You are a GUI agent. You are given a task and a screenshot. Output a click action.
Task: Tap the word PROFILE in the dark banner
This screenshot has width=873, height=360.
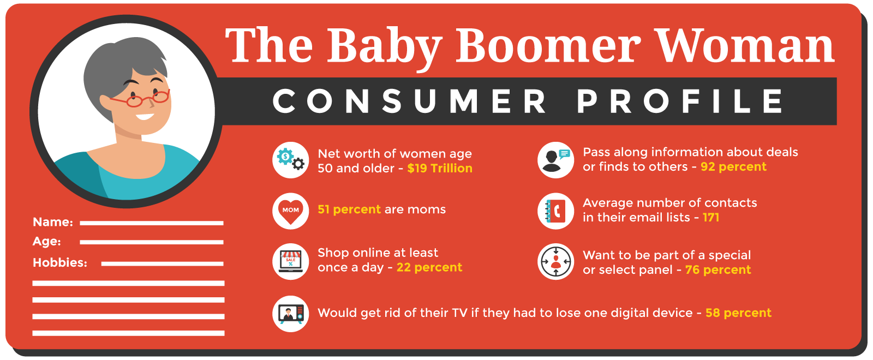pyautogui.click(x=680, y=101)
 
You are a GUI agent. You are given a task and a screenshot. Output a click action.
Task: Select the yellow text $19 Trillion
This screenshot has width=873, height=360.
pyautogui.click(x=440, y=169)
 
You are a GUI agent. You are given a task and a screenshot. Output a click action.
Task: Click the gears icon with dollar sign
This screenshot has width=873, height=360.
pyautogui.click(x=290, y=160)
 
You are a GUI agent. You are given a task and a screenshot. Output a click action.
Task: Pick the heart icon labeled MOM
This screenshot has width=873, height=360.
pyautogui.click(x=290, y=211)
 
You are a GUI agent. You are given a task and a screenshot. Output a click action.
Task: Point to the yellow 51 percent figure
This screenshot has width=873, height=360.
pyautogui.click(x=349, y=209)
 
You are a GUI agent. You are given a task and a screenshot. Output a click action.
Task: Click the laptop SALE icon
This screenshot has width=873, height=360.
pyautogui.click(x=290, y=261)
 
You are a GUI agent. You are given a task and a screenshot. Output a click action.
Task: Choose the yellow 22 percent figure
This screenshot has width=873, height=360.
pyautogui.click(x=429, y=267)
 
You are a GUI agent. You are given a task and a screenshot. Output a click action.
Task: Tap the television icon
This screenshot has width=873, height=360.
pyautogui.click(x=290, y=314)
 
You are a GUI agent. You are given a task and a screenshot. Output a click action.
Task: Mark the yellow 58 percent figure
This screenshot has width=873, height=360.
pyautogui.click(x=738, y=313)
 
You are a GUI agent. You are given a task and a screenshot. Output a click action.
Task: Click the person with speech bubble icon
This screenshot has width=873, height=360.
pyautogui.click(x=555, y=160)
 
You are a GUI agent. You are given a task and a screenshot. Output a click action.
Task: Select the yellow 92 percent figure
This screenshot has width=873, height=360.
pyautogui.click(x=733, y=167)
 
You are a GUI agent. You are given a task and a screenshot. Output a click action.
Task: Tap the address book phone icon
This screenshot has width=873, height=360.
pyautogui.click(x=555, y=211)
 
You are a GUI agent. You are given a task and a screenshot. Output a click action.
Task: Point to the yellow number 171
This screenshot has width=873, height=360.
pyautogui.click(x=711, y=218)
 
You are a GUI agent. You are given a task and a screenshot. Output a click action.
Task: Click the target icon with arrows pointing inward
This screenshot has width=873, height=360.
pyautogui.click(x=555, y=261)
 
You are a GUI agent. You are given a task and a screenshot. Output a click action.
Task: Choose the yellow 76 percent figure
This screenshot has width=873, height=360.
pyautogui.click(x=718, y=269)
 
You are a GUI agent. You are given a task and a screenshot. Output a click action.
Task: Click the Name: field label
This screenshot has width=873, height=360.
pyautogui.click(x=53, y=222)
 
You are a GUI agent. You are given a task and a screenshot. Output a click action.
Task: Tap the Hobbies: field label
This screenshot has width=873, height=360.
pyautogui.click(x=60, y=262)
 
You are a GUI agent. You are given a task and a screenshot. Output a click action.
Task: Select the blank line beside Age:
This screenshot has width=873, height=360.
pyautogui.click(x=152, y=242)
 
